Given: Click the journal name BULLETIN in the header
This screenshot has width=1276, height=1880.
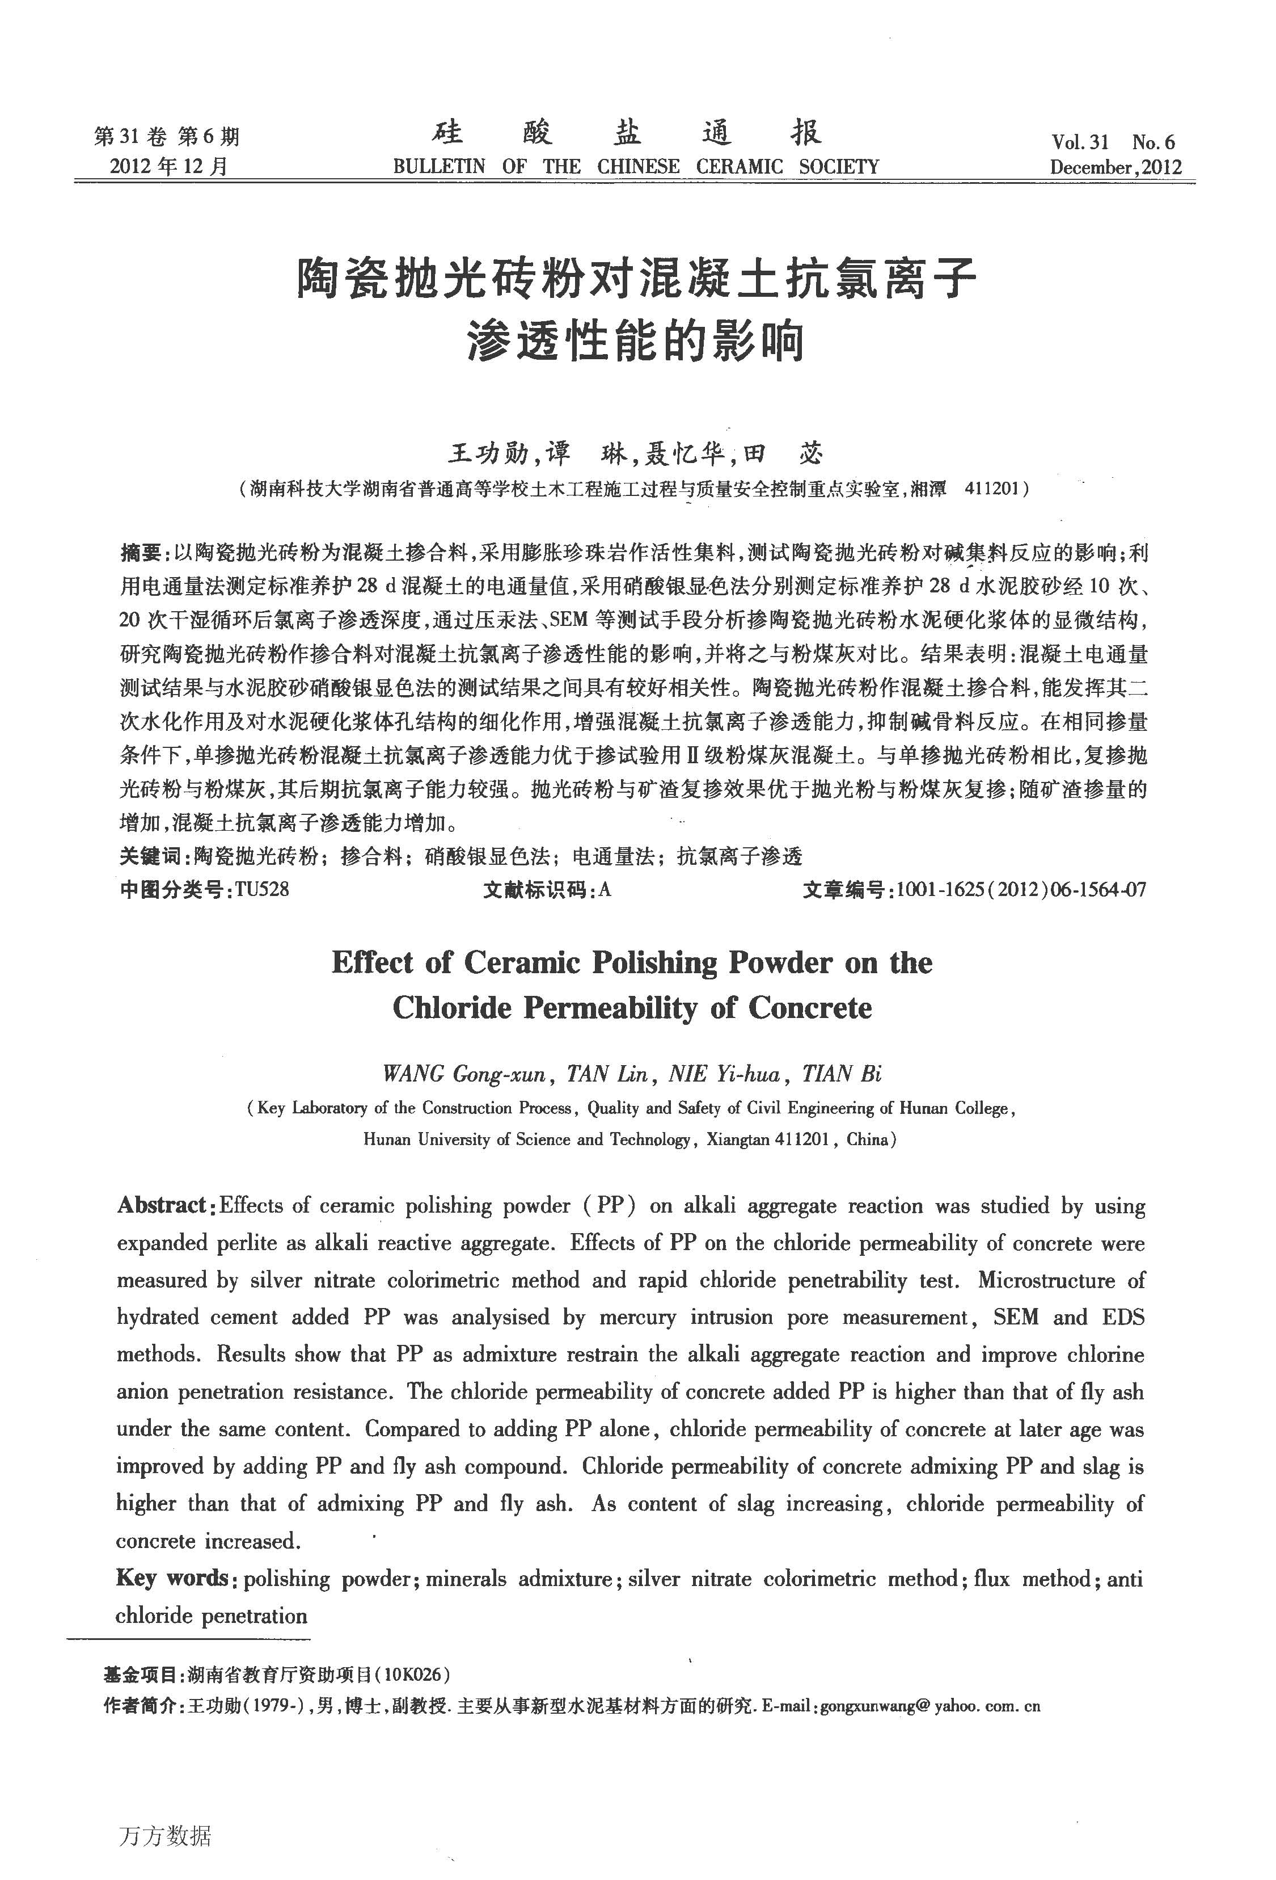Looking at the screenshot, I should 439,167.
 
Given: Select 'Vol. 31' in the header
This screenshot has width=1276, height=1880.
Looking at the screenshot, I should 1080,142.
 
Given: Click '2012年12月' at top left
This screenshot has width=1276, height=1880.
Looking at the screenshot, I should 169,167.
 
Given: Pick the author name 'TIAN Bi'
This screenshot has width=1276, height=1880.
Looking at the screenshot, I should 841,1074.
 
